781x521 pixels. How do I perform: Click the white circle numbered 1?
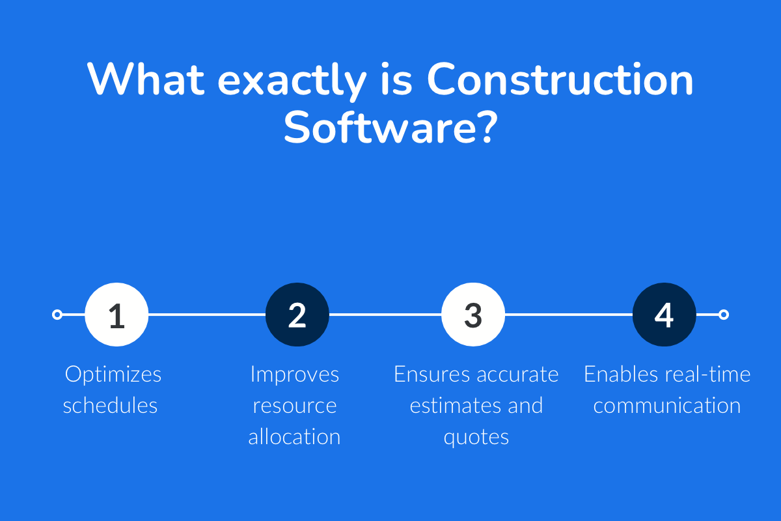pyautogui.click(x=117, y=315)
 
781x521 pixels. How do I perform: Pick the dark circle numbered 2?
pyautogui.click(x=297, y=315)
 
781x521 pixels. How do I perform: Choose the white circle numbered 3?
pyautogui.click(x=473, y=315)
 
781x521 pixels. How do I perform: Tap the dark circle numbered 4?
pyautogui.click(x=664, y=315)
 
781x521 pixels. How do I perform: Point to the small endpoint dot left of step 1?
pyautogui.click(x=57, y=315)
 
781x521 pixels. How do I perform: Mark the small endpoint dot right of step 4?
pyautogui.click(x=723, y=315)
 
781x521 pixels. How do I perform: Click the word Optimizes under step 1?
pyautogui.click(x=113, y=374)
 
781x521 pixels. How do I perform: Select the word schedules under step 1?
pyautogui.click(x=111, y=406)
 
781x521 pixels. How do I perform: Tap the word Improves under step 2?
pyautogui.click(x=295, y=374)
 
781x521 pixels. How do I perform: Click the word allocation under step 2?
pyautogui.click(x=294, y=437)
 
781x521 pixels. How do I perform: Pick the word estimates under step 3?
pyautogui.click(x=450, y=406)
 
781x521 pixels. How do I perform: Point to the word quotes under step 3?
pyautogui.click(x=476, y=437)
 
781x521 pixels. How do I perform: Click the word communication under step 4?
pyautogui.click(x=667, y=406)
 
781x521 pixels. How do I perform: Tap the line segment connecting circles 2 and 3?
pyautogui.click(x=385, y=315)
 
